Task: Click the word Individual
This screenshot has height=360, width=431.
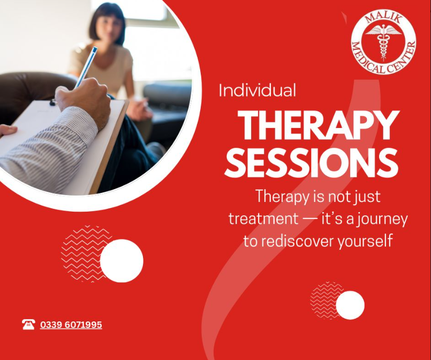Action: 258,90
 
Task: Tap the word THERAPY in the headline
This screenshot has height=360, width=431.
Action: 318,125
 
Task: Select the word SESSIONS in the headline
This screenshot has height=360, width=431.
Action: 312,163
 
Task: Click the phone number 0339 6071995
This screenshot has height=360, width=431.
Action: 71,325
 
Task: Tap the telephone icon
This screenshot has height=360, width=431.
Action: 28,325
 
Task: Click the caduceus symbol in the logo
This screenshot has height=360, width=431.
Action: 383,42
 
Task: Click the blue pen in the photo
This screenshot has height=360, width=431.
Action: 86,67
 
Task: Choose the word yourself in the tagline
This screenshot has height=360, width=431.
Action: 365,241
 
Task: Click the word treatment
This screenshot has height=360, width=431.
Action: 263,219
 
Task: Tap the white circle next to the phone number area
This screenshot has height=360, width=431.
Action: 122,261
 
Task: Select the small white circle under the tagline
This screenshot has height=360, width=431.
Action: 350,305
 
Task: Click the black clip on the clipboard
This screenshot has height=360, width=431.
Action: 52,102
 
